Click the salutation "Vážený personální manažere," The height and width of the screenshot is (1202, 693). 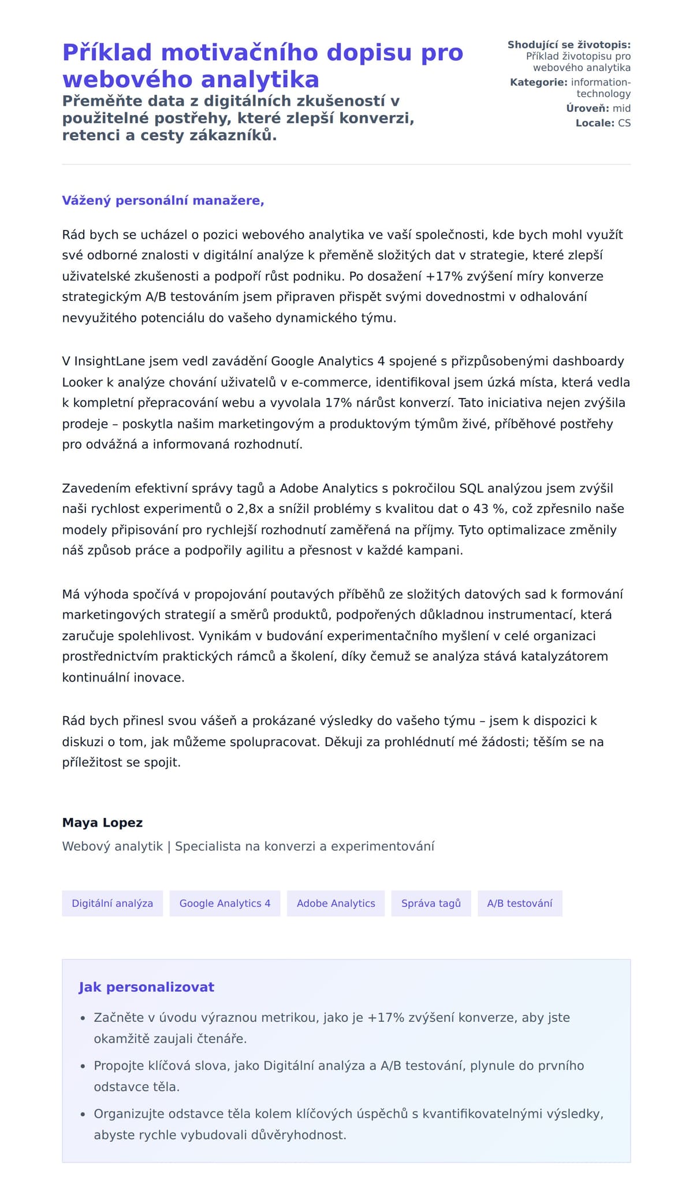163,200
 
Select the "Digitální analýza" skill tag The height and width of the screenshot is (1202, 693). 112,903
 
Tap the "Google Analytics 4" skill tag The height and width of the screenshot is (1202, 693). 225,903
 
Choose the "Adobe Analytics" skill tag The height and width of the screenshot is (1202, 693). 336,903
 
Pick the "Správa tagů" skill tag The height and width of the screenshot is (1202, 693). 431,903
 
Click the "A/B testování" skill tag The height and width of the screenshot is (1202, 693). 520,903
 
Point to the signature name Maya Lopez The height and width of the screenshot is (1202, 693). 102,823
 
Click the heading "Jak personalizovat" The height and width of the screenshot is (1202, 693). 146,987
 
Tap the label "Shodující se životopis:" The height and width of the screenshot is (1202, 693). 569,44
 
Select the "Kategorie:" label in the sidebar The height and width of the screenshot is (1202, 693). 538,82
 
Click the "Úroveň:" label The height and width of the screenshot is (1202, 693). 587,108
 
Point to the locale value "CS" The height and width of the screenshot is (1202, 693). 624,123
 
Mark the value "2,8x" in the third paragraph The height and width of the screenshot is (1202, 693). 250,509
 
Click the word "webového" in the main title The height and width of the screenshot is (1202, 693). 126,79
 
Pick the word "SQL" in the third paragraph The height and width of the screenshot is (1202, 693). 471,488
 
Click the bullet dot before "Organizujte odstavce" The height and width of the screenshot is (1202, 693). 83,1114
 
